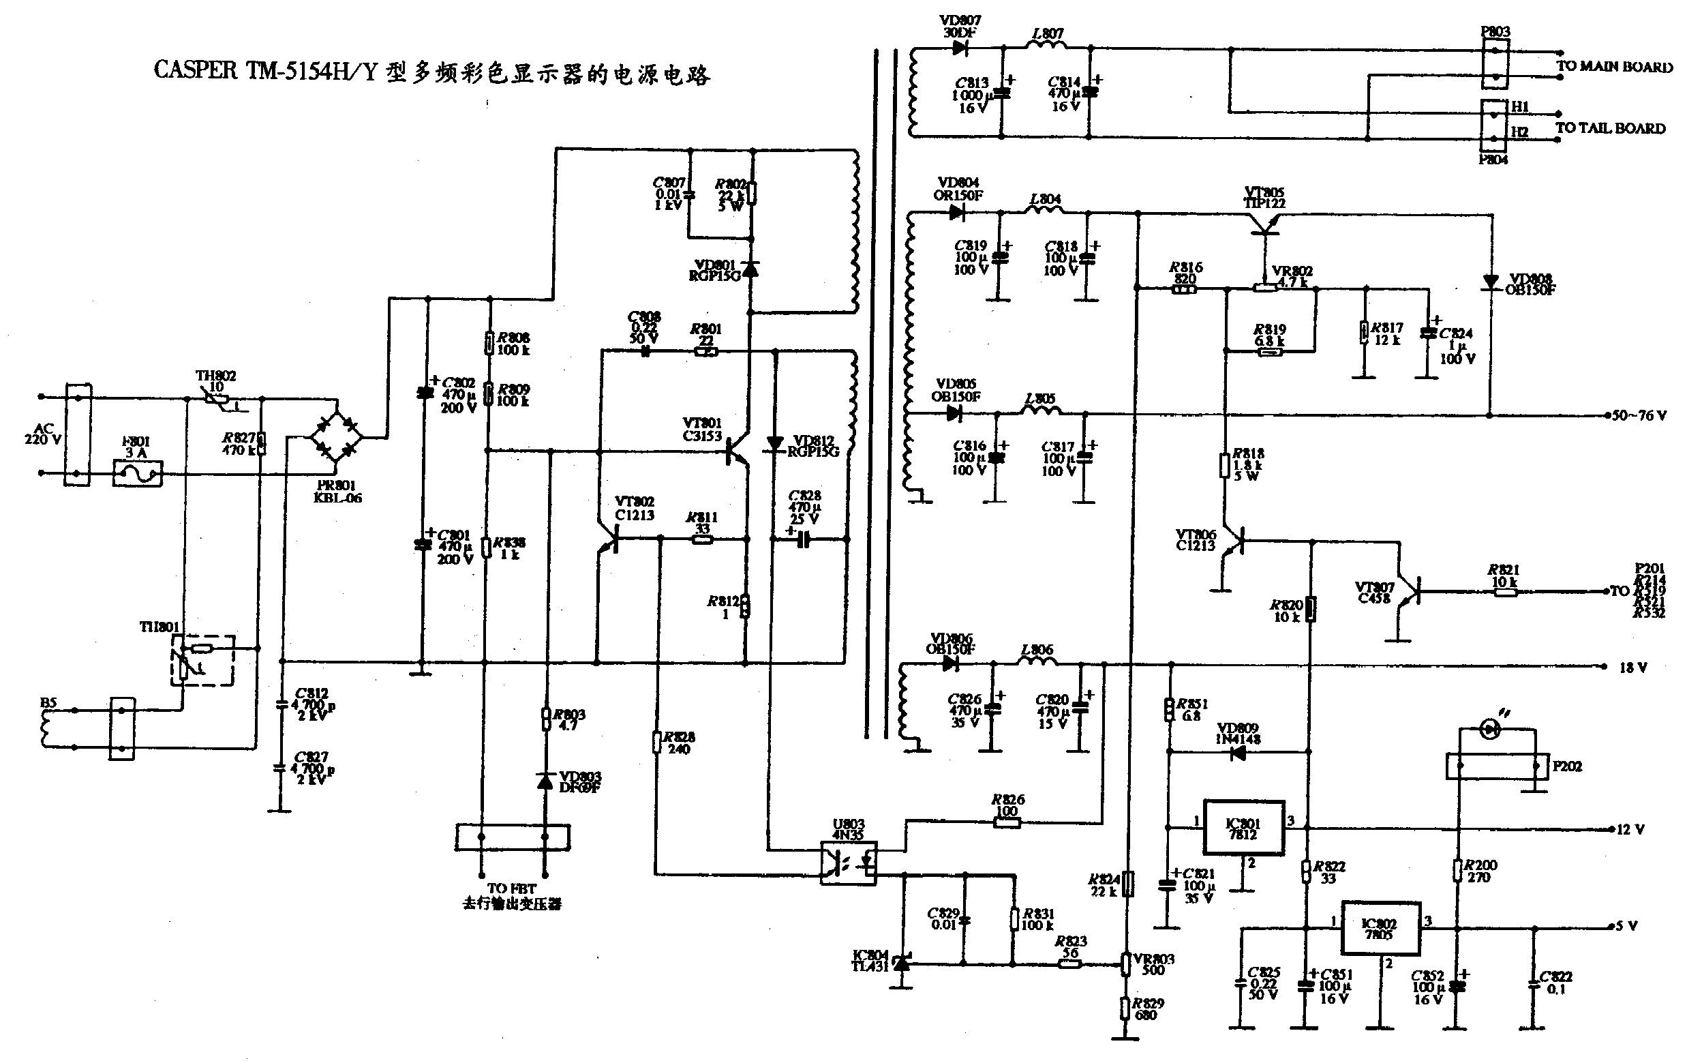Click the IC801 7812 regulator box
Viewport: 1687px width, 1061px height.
point(1243,828)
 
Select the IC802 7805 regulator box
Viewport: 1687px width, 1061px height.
point(1380,929)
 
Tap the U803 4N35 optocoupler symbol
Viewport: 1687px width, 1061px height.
point(849,863)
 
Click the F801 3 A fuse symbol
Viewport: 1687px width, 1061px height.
point(137,475)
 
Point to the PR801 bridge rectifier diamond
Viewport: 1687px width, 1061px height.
point(336,438)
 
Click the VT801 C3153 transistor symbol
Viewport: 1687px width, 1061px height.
point(735,452)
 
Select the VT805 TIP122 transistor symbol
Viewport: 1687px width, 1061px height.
point(1264,224)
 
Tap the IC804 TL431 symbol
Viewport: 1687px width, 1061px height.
point(902,964)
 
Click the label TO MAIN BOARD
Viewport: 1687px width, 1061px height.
point(1614,67)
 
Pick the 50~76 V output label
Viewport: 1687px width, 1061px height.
point(1639,415)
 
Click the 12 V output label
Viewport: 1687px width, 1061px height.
point(1630,830)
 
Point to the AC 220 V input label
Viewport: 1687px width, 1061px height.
point(43,434)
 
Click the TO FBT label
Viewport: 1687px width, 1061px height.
point(511,888)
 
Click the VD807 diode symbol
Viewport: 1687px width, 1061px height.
point(960,48)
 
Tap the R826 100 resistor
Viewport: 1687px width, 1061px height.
point(1007,822)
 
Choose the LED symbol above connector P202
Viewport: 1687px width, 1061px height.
point(1490,730)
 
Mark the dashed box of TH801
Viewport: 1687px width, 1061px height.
point(202,660)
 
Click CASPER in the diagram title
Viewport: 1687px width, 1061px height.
point(196,71)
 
